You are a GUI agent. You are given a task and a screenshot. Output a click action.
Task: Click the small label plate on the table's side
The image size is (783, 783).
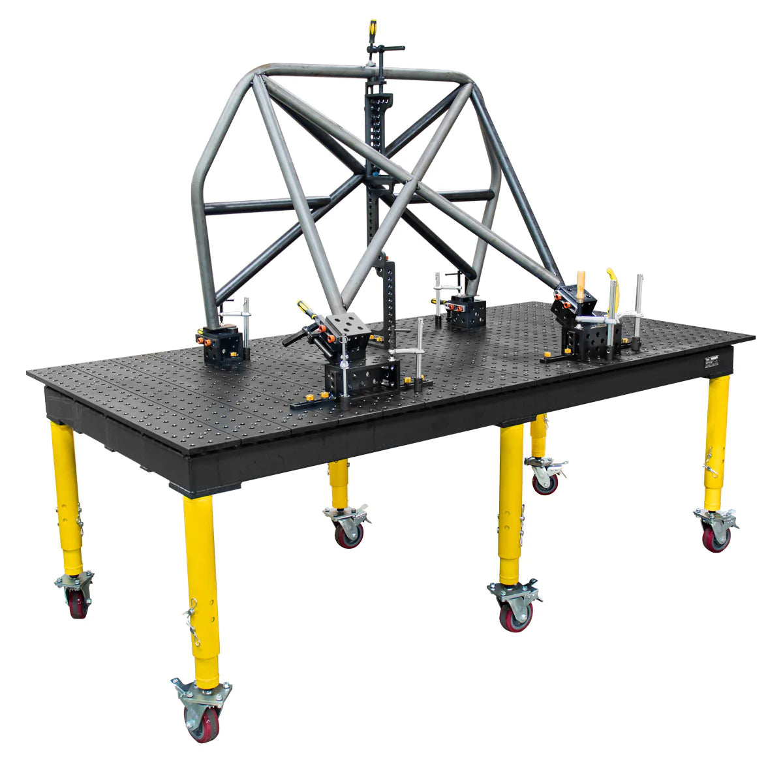point(711,363)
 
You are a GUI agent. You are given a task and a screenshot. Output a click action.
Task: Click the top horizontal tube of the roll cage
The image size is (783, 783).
point(365,72)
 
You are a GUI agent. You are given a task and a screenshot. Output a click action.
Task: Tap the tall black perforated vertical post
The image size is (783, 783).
point(376,150)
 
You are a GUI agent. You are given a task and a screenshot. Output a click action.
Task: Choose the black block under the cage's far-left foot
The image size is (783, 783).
point(223,346)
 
